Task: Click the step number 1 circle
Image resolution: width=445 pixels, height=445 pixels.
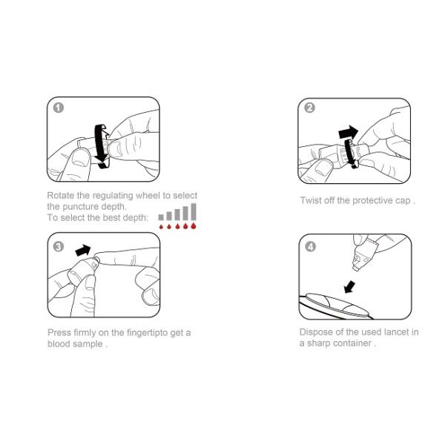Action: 59,108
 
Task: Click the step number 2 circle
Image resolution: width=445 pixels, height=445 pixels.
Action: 309,108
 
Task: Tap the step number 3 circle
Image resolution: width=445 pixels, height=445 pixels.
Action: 59,246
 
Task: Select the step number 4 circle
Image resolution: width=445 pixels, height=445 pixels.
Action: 310,246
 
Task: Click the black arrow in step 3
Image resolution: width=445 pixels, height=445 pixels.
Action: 83,250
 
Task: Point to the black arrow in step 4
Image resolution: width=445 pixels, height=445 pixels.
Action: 349,287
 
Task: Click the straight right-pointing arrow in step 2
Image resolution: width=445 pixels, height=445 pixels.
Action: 349,132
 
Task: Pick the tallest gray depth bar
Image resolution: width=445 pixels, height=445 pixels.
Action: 194,211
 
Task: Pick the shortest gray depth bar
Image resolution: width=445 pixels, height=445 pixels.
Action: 161,217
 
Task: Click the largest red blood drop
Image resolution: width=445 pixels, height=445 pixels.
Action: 194,225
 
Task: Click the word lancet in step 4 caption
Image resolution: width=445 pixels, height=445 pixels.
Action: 397,332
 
